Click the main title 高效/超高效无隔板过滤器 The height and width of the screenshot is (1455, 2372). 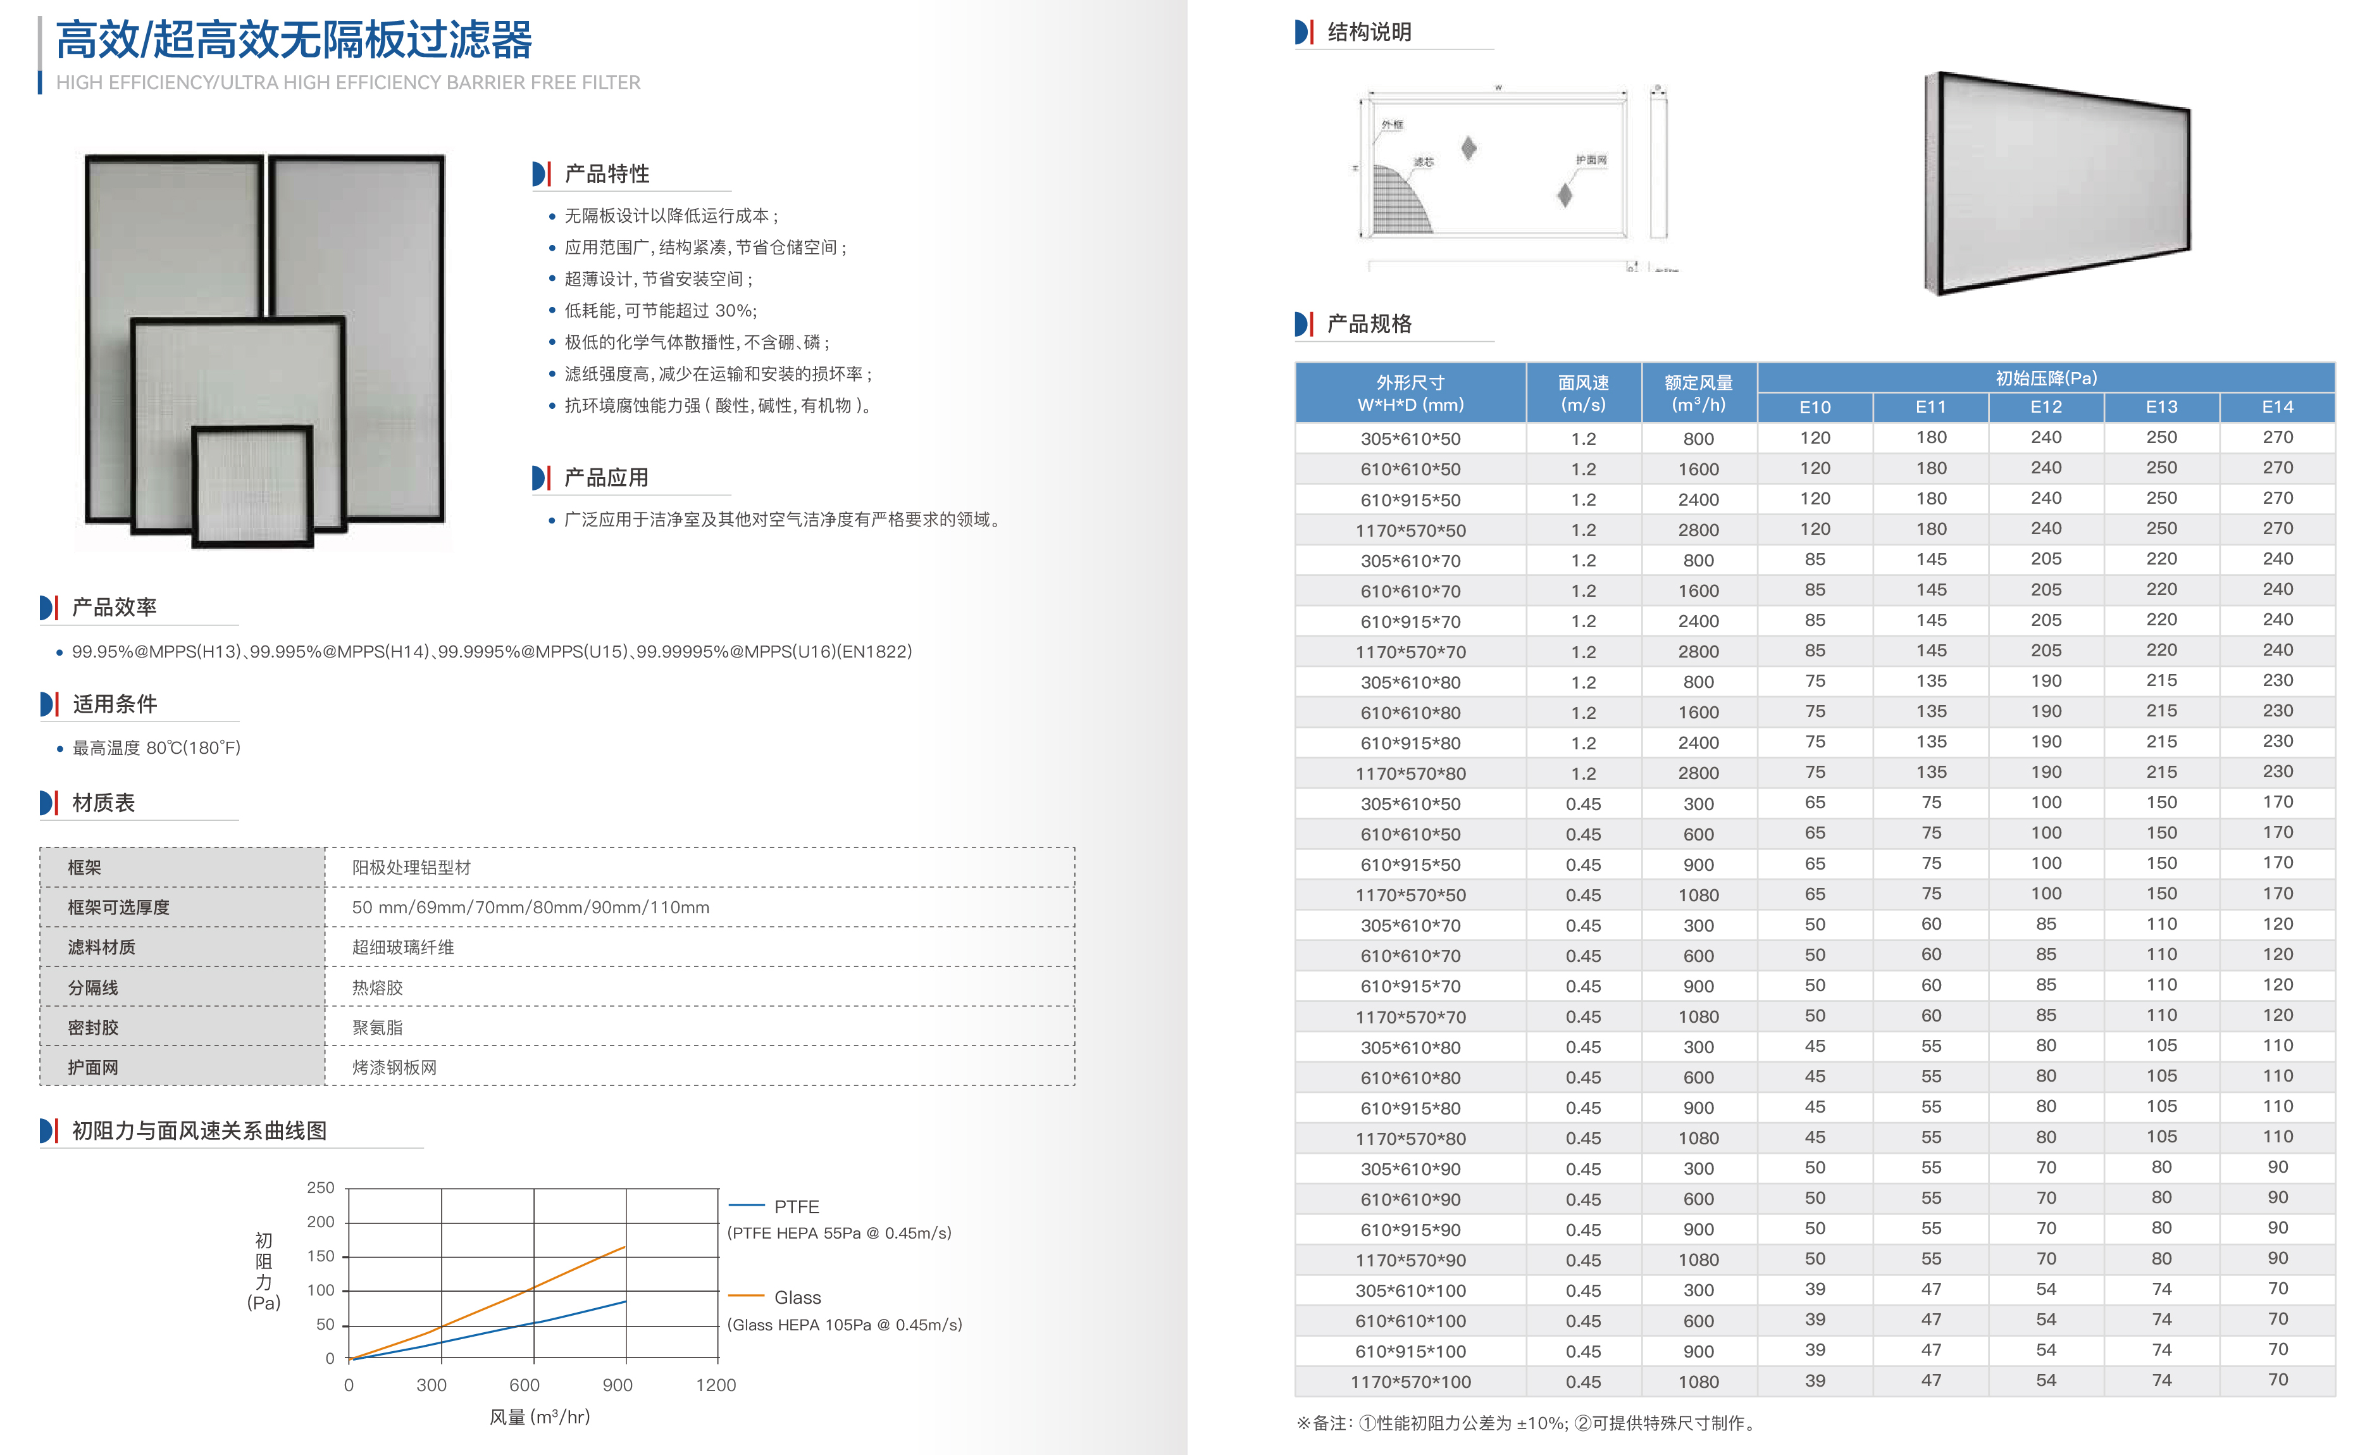pos(294,41)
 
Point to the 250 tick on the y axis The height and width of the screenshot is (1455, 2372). pos(321,1189)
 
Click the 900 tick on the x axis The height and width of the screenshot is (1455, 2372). pos(617,1385)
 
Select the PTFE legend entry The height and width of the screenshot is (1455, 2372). pos(796,1206)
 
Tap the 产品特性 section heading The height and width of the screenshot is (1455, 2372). pos(607,174)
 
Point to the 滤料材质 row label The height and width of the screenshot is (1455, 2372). pos(101,947)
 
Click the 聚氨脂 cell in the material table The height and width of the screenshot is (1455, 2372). pos(377,1027)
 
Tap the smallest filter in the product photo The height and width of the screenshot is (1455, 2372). pos(253,486)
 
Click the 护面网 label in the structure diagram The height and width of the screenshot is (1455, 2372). pos(1591,160)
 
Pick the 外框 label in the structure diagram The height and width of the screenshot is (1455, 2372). pos(1392,125)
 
